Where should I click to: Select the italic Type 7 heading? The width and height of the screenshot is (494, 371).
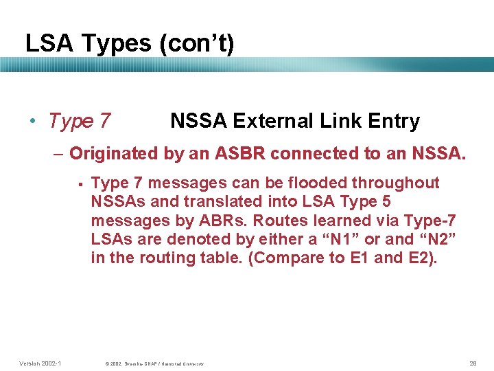[80, 122]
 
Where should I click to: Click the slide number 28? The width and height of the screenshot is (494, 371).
[472, 363]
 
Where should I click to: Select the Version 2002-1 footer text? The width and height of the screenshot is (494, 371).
[40, 363]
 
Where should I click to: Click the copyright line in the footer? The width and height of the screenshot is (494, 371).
[154, 363]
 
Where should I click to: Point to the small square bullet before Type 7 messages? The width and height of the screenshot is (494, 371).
[80, 183]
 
